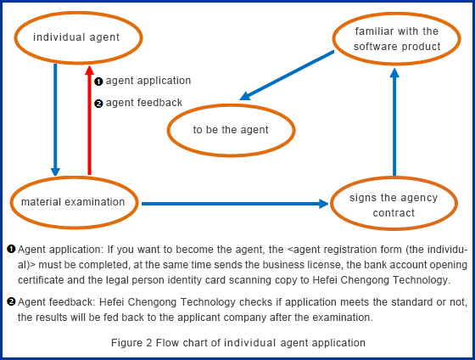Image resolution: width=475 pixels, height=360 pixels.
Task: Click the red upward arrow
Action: [x=89, y=120]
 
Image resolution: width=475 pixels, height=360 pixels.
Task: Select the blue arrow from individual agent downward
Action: [x=55, y=120]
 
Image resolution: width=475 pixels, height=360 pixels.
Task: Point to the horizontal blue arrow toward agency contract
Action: [x=235, y=204]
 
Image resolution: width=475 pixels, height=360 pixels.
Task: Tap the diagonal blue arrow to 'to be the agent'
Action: [x=287, y=76]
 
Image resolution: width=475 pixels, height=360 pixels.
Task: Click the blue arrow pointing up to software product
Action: [x=394, y=122]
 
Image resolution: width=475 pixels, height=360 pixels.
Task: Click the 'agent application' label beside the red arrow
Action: [x=148, y=81]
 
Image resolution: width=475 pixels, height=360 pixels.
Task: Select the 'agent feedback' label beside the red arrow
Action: [x=144, y=103]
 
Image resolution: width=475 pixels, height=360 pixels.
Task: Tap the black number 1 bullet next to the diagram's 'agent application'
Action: [x=98, y=82]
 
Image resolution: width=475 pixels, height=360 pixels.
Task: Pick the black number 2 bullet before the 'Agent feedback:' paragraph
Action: [x=11, y=301]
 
